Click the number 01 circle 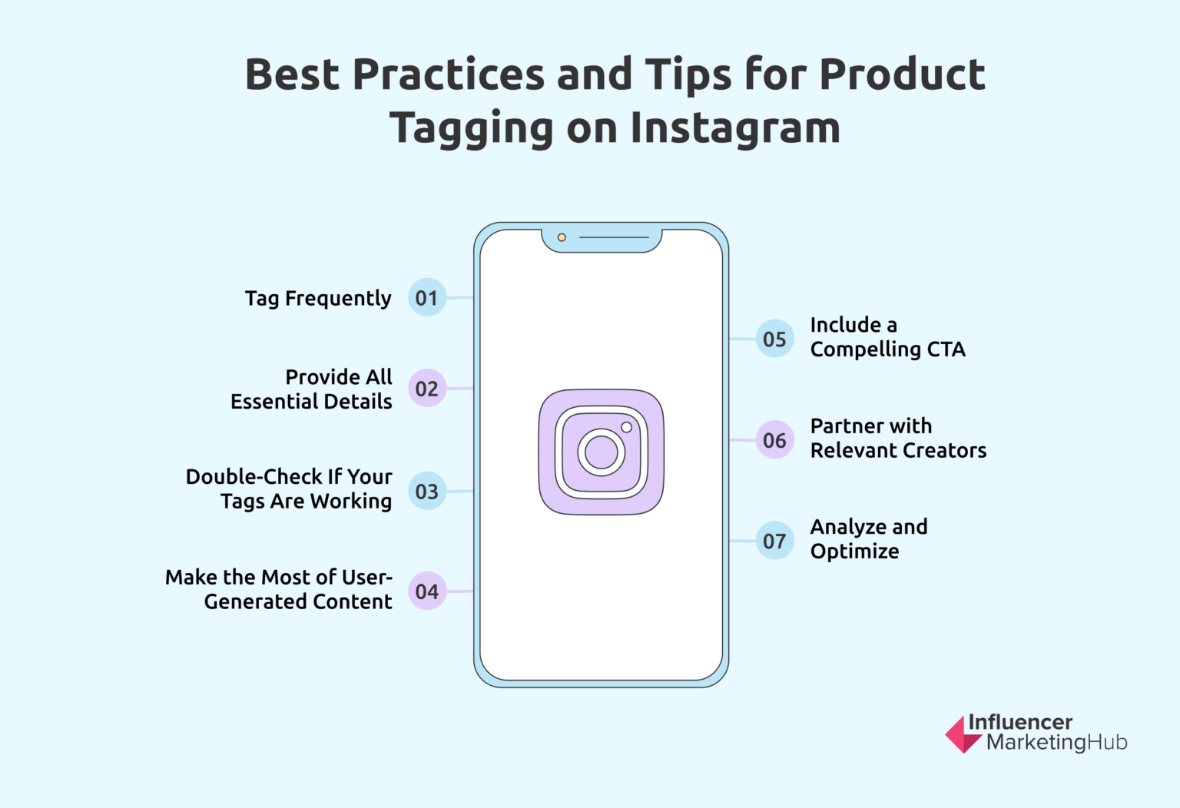426,297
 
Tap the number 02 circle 426,389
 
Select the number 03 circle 426,492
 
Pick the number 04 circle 426,591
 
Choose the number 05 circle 774,339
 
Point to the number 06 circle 774,440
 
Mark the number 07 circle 774,541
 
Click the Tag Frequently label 318,298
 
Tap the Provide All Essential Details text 311,389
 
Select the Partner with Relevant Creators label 898,438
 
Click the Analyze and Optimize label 869,538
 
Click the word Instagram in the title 735,128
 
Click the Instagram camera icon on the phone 601,452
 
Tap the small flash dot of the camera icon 626,427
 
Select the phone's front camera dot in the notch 562,237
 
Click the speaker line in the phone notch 614,237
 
